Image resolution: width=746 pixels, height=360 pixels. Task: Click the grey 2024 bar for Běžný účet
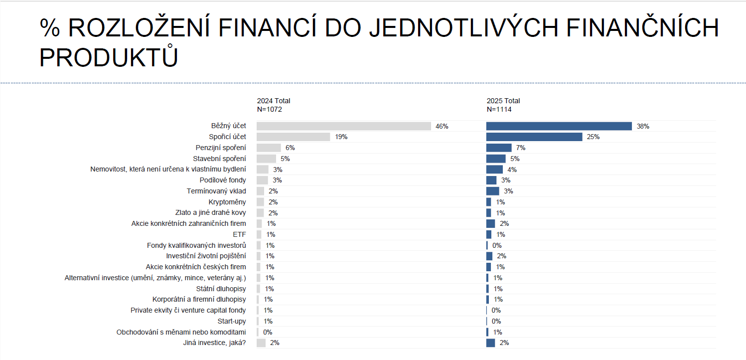(x=343, y=126)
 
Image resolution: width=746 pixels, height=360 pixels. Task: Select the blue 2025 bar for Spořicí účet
(x=534, y=137)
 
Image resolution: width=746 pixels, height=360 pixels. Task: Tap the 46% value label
(x=442, y=127)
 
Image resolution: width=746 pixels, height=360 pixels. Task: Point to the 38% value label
(x=642, y=127)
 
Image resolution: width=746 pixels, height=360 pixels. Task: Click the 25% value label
(x=593, y=137)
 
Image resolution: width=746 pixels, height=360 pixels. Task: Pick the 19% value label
(x=341, y=137)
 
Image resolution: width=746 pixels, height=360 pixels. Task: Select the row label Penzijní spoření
(x=221, y=148)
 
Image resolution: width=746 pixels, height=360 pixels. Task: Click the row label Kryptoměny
(x=227, y=202)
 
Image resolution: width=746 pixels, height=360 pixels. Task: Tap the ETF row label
(x=239, y=235)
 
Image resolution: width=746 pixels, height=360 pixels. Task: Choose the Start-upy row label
(x=232, y=322)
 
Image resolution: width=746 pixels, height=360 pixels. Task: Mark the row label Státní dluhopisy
(x=221, y=289)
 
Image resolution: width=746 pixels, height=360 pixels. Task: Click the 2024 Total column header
(x=274, y=101)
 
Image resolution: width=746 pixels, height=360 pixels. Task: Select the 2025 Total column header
(x=503, y=101)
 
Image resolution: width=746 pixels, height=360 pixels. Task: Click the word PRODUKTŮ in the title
(x=109, y=57)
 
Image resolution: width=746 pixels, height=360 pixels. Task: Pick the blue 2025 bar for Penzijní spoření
(x=498, y=148)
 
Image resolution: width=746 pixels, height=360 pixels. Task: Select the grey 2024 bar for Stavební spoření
(x=266, y=159)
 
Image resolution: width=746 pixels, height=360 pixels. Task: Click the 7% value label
(x=521, y=148)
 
